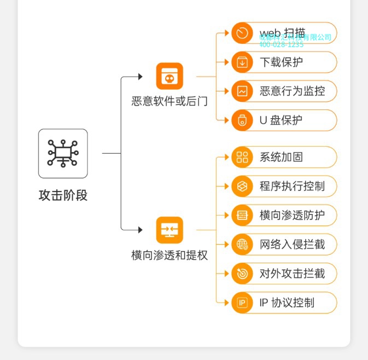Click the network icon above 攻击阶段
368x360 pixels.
click(63, 154)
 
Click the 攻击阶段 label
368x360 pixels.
click(63, 195)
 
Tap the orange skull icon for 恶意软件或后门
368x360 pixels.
click(170, 77)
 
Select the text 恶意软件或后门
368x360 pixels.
click(170, 101)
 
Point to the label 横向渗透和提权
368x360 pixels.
click(170, 256)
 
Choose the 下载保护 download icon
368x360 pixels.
click(242, 62)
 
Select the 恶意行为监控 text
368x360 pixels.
click(292, 91)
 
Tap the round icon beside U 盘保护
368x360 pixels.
click(242, 120)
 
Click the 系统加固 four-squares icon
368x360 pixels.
click(242, 157)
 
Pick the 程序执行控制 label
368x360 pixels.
click(292, 186)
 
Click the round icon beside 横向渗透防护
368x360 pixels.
click(242, 216)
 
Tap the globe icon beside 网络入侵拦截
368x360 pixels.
click(242, 245)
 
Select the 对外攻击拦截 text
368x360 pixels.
click(292, 274)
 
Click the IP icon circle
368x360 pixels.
click(242, 303)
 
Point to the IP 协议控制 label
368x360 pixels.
click(287, 303)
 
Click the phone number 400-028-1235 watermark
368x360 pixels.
click(281, 45)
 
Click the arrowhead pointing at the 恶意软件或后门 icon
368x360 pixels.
click(140, 77)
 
